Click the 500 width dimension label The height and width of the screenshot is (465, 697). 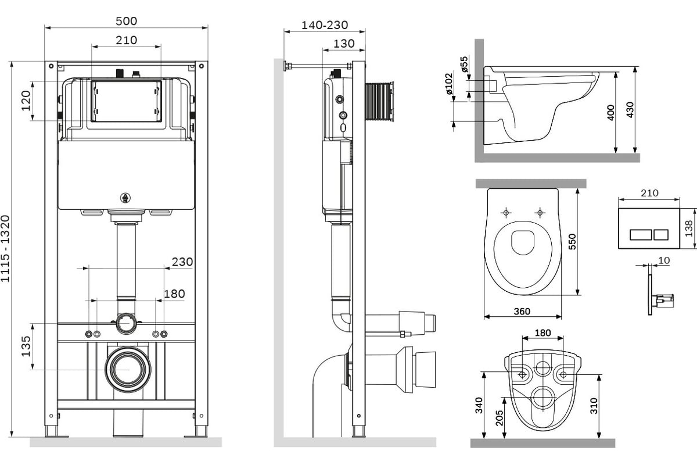(x=127, y=21)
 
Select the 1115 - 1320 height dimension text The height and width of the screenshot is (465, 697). (x=5, y=249)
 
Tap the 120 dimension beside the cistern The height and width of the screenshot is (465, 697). (x=26, y=101)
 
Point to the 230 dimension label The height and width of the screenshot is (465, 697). (x=182, y=262)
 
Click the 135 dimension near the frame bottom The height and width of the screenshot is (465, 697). (x=26, y=346)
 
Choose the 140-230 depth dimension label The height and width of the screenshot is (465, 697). (x=325, y=25)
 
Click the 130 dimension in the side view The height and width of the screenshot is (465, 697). (x=344, y=44)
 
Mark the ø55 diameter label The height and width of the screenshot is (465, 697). (x=464, y=64)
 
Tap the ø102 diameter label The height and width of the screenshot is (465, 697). (x=448, y=84)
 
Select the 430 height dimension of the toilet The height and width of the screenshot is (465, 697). (x=630, y=110)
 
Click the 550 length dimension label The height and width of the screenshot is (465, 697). (x=572, y=241)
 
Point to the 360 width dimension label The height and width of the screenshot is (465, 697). (x=522, y=311)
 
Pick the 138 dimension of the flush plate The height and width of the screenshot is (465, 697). (x=689, y=228)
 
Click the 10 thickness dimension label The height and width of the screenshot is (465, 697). (x=664, y=260)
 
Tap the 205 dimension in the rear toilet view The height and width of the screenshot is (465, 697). (x=499, y=418)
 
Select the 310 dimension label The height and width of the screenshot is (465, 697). (x=594, y=406)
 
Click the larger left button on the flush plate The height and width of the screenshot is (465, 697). (x=641, y=234)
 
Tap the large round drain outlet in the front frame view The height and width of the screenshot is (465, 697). (x=128, y=369)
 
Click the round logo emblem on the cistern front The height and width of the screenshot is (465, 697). (x=125, y=198)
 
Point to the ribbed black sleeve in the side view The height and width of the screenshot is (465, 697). (x=379, y=102)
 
